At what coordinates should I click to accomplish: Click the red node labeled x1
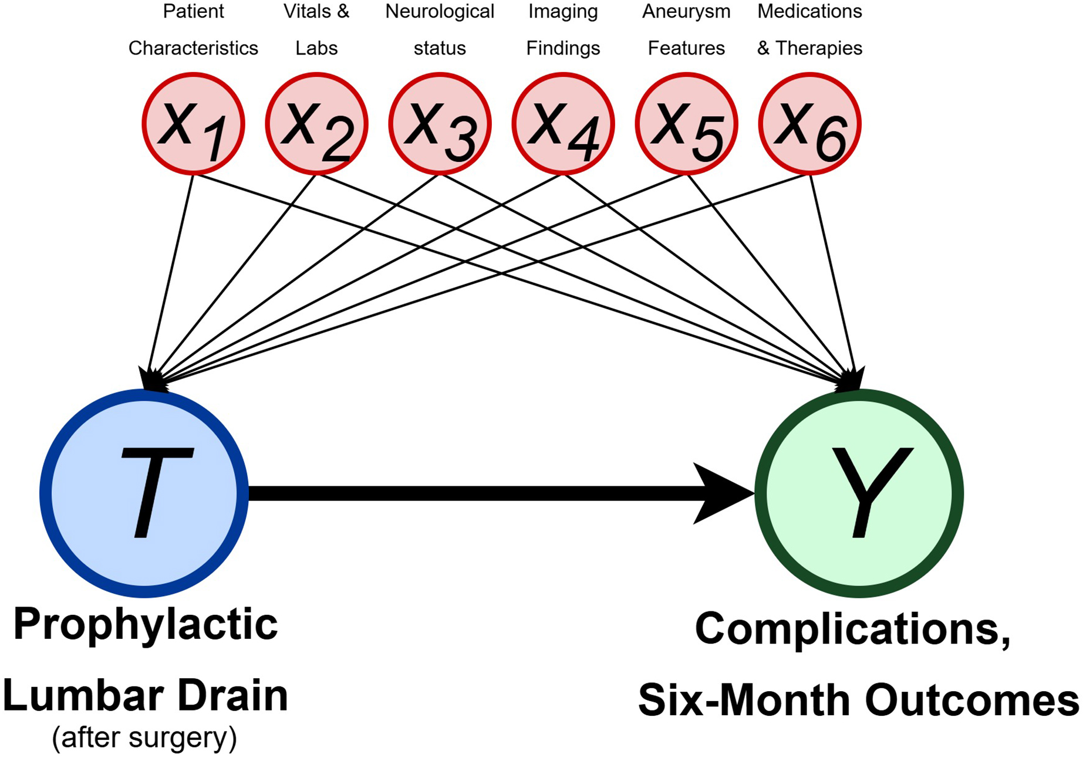[193, 124]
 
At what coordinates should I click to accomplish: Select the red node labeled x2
[316, 124]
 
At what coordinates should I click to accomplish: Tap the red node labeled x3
[440, 124]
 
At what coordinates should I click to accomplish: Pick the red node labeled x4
[563, 124]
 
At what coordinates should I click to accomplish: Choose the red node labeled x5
[686, 124]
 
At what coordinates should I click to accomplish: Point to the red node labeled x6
[809, 124]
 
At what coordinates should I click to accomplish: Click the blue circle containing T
[144, 493]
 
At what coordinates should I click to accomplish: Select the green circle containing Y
[859, 493]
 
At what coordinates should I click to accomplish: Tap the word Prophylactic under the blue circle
[145, 624]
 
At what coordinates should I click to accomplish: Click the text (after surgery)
[144, 737]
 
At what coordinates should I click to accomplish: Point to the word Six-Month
[745, 701]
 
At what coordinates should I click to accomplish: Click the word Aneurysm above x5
[686, 12]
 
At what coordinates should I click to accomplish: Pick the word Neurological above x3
[440, 12]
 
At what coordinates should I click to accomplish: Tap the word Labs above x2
[316, 48]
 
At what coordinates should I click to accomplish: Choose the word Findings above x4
[563, 48]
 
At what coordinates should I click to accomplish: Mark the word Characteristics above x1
[193, 48]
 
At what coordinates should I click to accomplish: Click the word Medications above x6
[809, 12]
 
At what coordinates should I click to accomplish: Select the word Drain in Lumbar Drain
[232, 696]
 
